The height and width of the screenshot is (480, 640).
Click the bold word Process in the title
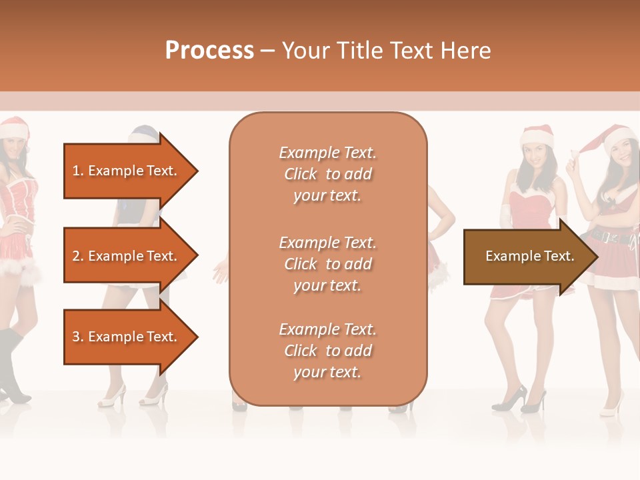tap(209, 51)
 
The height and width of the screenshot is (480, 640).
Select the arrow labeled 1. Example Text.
tap(127, 171)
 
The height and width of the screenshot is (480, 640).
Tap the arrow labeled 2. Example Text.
tap(127, 256)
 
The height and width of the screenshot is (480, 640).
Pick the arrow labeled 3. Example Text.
tap(127, 337)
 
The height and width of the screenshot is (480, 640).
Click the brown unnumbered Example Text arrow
tap(527, 256)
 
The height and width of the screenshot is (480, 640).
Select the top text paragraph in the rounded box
tap(327, 174)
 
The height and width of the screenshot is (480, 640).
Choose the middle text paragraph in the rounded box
tap(327, 264)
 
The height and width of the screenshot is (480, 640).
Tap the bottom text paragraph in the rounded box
tap(327, 351)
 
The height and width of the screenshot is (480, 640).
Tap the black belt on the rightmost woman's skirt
tap(610, 235)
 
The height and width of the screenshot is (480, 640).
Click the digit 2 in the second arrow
tap(76, 256)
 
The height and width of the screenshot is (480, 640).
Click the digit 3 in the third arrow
tap(76, 337)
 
